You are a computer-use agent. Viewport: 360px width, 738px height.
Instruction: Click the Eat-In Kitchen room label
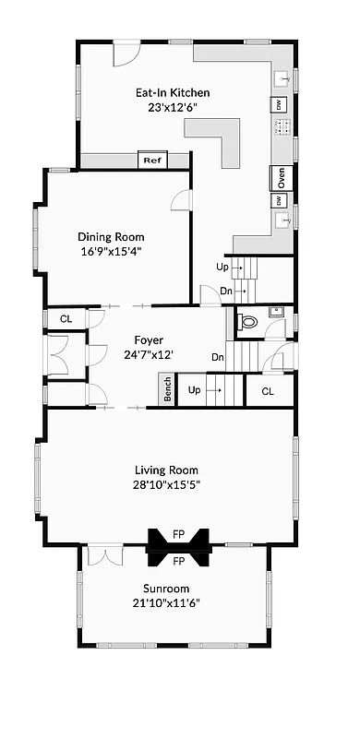pyautogui.click(x=173, y=92)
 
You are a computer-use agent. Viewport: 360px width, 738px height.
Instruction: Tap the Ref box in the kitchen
pyautogui.click(x=151, y=161)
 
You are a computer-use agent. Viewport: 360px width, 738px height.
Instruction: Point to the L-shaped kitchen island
pyautogui.click(x=222, y=138)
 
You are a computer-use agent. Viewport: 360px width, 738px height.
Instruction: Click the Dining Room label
pyautogui.click(x=109, y=235)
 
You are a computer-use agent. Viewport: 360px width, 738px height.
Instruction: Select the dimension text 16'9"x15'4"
pyautogui.click(x=109, y=250)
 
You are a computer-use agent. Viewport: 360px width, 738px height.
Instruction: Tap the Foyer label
pyautogui.click(x=148, y=339)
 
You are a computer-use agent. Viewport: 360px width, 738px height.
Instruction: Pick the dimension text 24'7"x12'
pyautogui.click(x=148, y=353)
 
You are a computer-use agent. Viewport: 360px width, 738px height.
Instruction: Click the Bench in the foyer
pyautogui.click(x=167, y=388)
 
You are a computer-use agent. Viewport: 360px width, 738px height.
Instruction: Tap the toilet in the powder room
pyautogui.click(x=247, y=322)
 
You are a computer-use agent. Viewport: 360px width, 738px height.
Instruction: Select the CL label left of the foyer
pyautogui.click(x=66, y=319)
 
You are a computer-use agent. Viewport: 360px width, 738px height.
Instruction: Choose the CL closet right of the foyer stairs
pyautogui.click(x=267, y=391)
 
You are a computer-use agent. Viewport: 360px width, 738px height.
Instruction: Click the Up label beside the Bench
pyautogui.click(x=194, y=390)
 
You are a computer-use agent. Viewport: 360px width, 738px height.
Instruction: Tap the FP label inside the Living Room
pyautogui.click(x=179, y=533)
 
